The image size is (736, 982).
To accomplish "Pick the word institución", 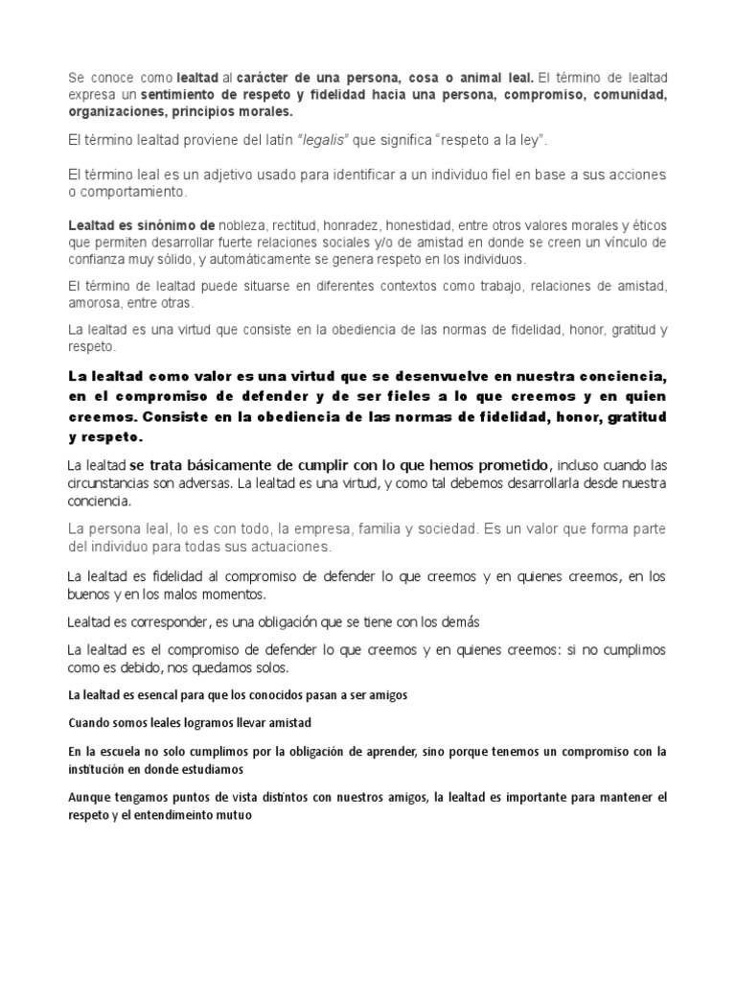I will [x=99, y=768].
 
